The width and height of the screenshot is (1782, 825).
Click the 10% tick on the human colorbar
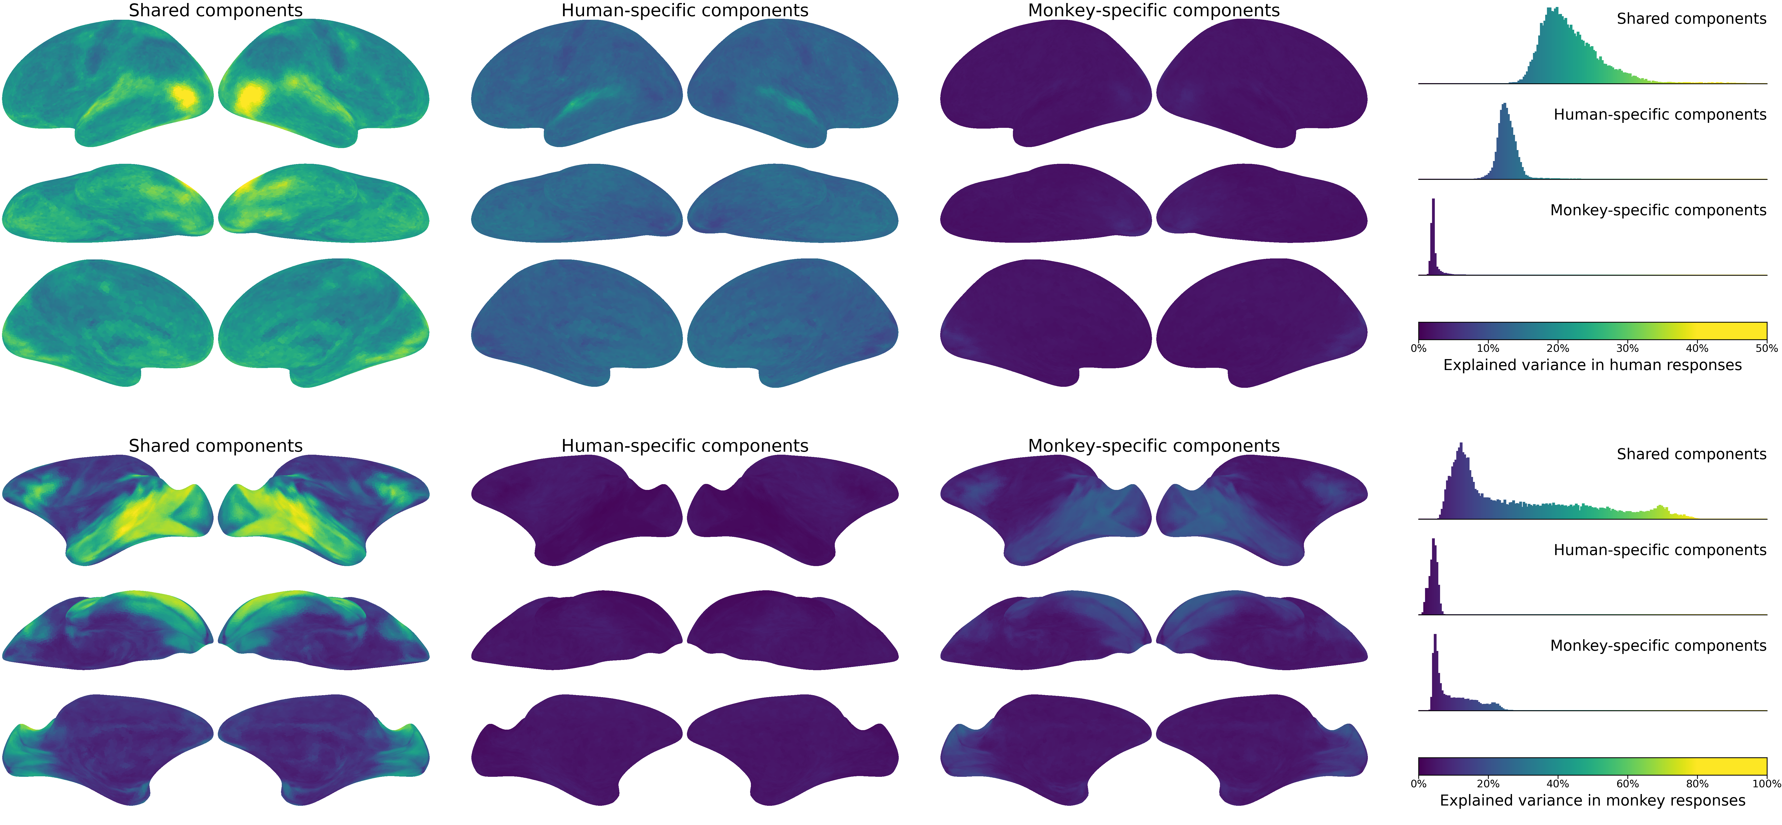pyautogui.click(x=1488, y=340)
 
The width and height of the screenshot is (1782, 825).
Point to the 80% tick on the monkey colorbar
pyautogui.click(x=1697, y=776)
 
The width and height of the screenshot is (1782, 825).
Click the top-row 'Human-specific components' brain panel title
pyautogui.click(x=685, y=10)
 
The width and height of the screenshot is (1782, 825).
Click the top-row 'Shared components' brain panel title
pyautogui.click(x=216, y=10)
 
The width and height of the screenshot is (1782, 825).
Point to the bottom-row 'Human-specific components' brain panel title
pyautogui.click(x=685, y=446)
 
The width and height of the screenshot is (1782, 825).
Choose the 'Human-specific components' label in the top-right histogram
pyautogui.click(x=1660, y=115)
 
